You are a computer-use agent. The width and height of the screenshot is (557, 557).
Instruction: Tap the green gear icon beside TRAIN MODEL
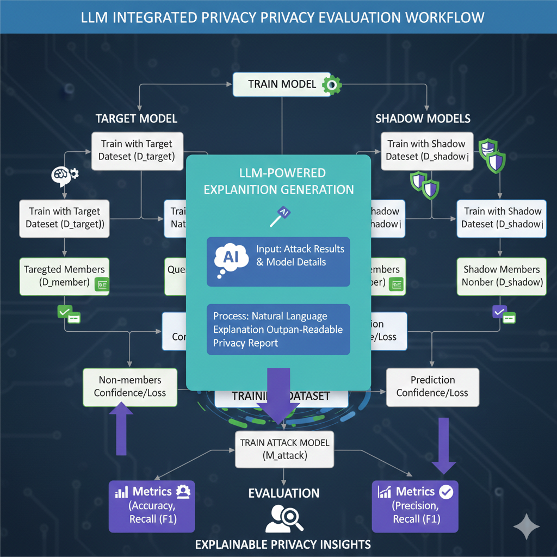pyautogui.click(x=331, y=84)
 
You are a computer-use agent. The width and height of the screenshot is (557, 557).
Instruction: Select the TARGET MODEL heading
pyautogui.click(x=136, y=119)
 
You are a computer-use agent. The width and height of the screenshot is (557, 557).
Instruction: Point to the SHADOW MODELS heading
pyautogui.click(x=423, y=119)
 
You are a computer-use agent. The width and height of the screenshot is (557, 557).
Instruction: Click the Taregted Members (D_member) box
pyautogui.click(x=64, y=276)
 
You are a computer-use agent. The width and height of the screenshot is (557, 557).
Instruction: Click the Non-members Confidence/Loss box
pyautogui.click(x=129, y=386)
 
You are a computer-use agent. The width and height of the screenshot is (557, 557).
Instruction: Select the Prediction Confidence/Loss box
pyautogui.click(x=432, y=386)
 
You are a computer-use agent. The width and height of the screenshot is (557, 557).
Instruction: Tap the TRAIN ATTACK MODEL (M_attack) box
pyautogui.click(x=284, y=449)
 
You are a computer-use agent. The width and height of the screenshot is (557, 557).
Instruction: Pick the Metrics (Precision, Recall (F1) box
pyautogui.click(x=415, y=506)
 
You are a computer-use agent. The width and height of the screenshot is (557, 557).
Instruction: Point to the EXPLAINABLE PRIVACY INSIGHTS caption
pyautogui.click(x=283, y=544)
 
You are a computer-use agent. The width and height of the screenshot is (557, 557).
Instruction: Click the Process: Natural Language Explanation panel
pyautogui.click(x=278, y=330)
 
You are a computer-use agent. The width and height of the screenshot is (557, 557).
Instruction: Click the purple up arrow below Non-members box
pyautogui.click(x=121, y=430)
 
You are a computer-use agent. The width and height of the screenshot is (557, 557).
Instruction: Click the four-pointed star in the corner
pyautogui.click(x=526, y=527)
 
